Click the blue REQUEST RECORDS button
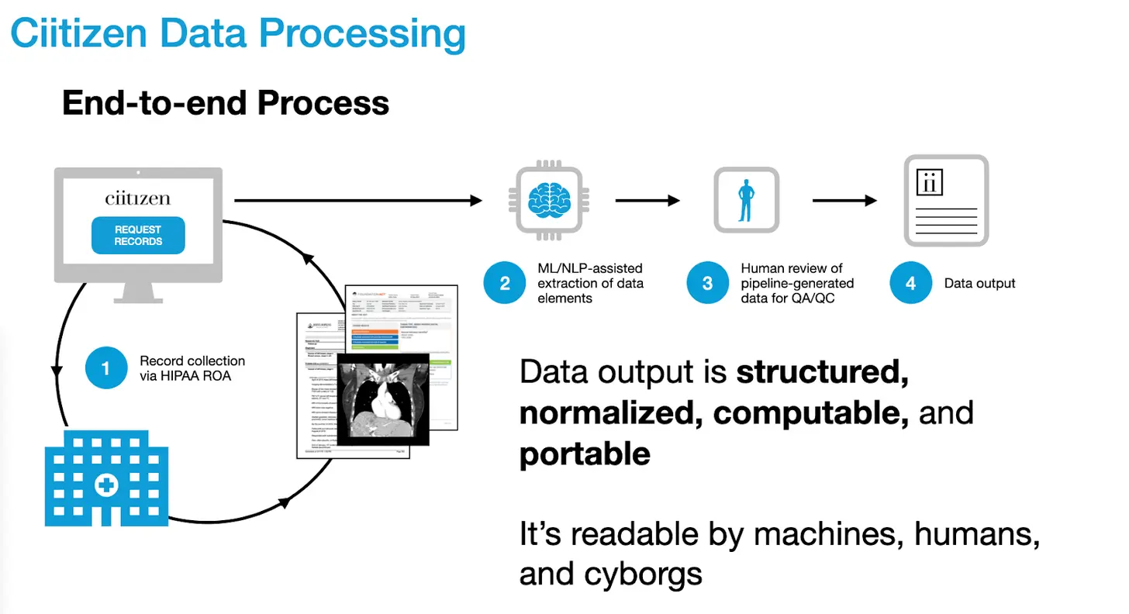pos(138,235)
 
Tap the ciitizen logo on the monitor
pos(138,198)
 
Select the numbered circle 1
pos(106,368)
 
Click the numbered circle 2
pos(505,283)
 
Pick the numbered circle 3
pos(707,283)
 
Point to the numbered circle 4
pos(910,283)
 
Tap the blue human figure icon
pos(746,200)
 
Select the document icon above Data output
pos(946,201)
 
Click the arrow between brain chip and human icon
pos(647,201)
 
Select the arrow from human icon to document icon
pos(844,201)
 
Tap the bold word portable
pos(585,454)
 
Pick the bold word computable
pos(810,413)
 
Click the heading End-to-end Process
pos(225,103)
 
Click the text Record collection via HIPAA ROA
pos(192,368)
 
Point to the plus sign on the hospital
pos(106,487)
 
